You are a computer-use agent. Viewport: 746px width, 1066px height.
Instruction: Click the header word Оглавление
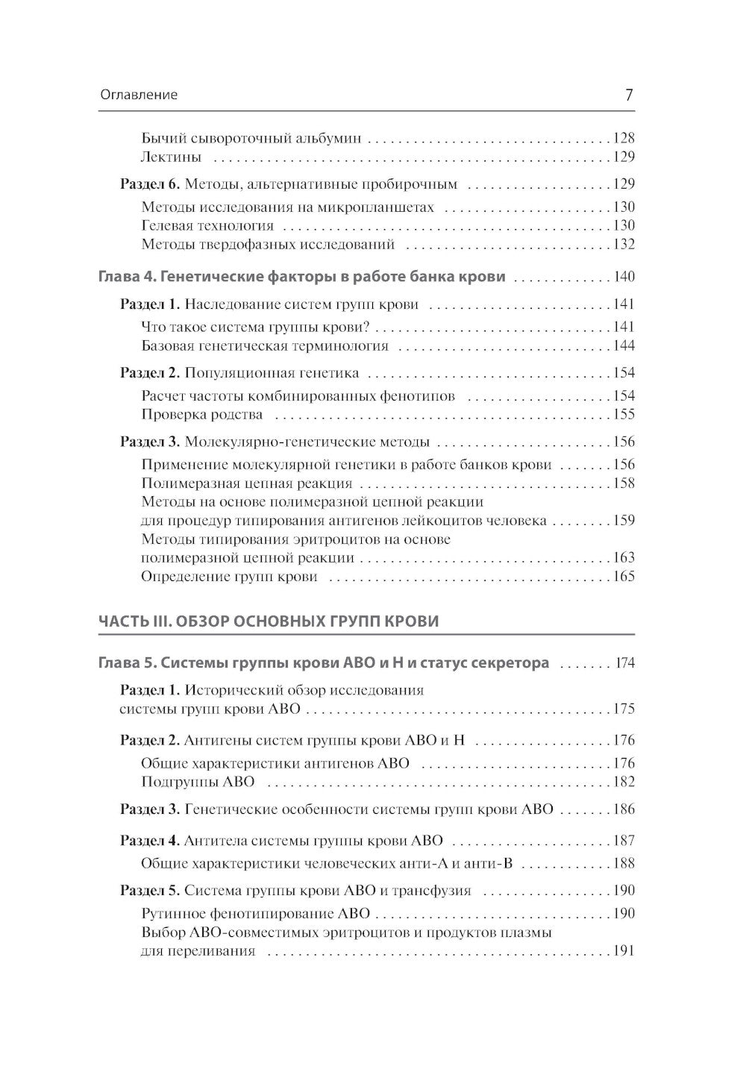138,95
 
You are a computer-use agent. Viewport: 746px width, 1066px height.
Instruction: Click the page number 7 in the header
628,95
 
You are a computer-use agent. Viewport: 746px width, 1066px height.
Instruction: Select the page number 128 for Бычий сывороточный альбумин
623,138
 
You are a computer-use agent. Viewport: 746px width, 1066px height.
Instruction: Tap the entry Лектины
171,157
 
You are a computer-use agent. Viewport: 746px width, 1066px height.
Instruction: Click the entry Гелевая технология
207,225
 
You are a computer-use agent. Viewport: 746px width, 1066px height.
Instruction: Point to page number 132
623,244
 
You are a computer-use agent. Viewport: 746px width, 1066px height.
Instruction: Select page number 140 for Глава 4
623,277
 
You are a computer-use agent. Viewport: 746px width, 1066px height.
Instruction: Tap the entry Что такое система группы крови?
255,327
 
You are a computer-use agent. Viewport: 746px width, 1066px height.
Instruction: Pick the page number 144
623,345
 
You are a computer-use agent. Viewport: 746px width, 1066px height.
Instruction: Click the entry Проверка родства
201,414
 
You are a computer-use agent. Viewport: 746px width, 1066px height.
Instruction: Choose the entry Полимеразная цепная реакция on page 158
246,483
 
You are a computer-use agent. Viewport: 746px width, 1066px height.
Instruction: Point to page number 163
623,557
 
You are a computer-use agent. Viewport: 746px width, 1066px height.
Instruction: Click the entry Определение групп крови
229,576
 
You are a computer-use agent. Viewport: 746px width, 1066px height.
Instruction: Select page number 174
624,662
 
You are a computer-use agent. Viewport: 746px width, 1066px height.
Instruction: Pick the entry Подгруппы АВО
198,782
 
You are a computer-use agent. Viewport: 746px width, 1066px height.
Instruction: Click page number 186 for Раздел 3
623,809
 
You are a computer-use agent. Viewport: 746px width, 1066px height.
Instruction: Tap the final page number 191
623,950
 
